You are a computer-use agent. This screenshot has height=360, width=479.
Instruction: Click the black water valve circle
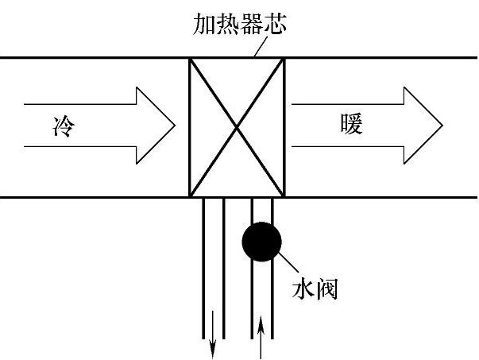[x=261, y=242]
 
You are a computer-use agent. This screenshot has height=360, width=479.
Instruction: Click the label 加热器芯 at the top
[x=240, y=24]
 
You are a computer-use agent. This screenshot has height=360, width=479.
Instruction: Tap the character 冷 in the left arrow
[x=64, y=126]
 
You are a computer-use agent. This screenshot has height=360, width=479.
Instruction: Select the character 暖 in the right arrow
[x=351, y=124]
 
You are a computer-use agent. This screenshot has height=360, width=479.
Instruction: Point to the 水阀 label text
[x=315, y=288]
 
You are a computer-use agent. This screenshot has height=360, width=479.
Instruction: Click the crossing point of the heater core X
[x=237, y=127]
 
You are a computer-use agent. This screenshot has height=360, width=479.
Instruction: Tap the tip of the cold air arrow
[x=175, y=126]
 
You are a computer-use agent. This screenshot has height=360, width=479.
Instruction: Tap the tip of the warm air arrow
[x=442, y=126]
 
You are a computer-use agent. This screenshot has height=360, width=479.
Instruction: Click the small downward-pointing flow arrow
[x=213, y=335]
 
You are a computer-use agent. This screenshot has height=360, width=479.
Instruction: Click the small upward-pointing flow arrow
[x=261, y=338]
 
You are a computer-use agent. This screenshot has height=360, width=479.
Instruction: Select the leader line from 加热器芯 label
[x=261, y=46]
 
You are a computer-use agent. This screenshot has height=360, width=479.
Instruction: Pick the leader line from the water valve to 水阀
[x=288, y=262]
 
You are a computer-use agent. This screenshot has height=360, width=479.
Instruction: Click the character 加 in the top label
[x=204, y=24]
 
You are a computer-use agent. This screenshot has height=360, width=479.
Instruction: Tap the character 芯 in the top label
[x=276, y=24]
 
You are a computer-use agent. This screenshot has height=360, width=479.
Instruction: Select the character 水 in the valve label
[x=303, y=288]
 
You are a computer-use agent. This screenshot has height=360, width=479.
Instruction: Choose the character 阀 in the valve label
[x=326, y=289]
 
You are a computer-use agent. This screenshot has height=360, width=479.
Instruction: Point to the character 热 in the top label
[x=228, y=24]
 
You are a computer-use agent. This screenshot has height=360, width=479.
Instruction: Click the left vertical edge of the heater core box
[x=190, y=127]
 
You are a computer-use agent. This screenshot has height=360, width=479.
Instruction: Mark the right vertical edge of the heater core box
[x=284, y=127]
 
